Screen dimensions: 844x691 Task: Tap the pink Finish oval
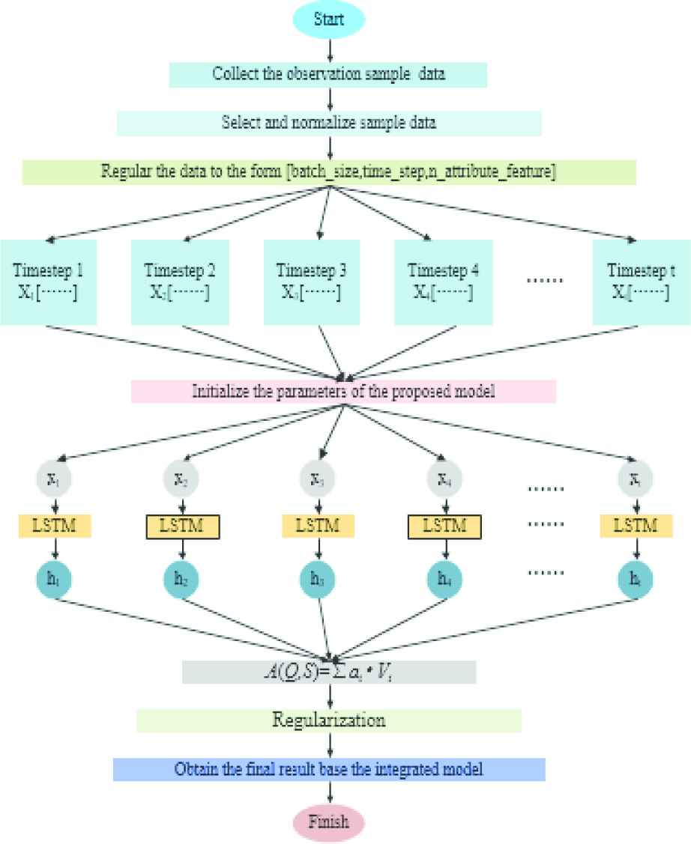pos(329,822)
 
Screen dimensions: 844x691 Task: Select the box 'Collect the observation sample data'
pos(329,74)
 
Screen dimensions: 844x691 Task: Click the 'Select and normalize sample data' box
pos(329,124)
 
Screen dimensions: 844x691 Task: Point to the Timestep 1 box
pos(49,282)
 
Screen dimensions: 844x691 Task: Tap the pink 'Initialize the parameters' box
pos(343,391)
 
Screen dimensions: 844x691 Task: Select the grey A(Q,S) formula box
pos(329,671)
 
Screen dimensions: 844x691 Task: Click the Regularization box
pos(329,720)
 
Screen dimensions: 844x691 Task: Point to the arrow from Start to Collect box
pos(330,49)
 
